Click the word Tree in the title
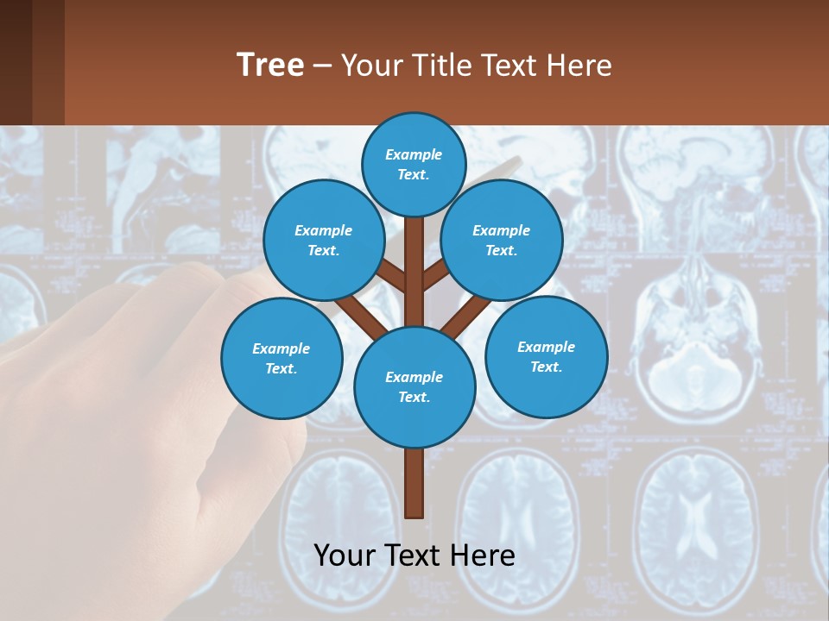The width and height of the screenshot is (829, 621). pos(270,66)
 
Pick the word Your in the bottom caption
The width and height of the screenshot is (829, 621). pos(345,555)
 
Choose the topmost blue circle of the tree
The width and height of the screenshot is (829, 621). pos(414,165)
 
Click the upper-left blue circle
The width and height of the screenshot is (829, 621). pos(324,241)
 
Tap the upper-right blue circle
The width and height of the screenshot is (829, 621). pos(502,241)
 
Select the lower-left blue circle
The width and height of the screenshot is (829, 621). pos(282,359)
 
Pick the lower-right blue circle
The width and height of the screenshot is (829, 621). pos(546,357)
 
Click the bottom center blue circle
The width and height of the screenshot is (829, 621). pos(414,387)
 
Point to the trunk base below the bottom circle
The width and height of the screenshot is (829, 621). pos(414,483)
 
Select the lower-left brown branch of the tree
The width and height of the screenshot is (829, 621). pos(358,315)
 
